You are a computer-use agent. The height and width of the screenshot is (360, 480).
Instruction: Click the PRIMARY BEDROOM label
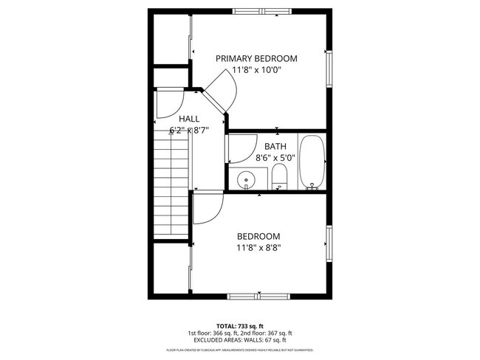(x=256, y=58)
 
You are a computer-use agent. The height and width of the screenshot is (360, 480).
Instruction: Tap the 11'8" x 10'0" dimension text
(x=256, y=70)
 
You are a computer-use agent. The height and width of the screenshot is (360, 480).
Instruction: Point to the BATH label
(x=275, y=146)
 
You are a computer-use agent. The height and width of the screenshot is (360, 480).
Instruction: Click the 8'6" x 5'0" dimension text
(x=275, y=157)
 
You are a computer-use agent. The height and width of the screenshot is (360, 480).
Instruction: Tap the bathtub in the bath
(x=312, y=162)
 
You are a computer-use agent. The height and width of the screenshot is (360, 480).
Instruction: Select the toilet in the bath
(x=279, y=177)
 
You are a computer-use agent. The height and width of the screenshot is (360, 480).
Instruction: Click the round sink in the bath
(x=244, y=179)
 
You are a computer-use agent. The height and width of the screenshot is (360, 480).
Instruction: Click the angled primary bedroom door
(x=222, y=93)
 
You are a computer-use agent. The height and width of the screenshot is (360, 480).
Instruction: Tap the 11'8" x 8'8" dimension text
(x=258, y=248)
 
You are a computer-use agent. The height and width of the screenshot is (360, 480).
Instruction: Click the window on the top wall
(x=259, y=11)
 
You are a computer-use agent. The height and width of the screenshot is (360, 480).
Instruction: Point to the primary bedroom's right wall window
(x=330, y=69)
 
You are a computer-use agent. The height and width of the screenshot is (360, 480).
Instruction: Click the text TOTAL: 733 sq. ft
(x=240, y=325)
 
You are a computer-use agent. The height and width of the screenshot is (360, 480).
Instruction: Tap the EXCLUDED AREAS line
(x=240, y=340)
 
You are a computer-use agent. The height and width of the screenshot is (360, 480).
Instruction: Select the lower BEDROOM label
(x=258, y=236)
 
